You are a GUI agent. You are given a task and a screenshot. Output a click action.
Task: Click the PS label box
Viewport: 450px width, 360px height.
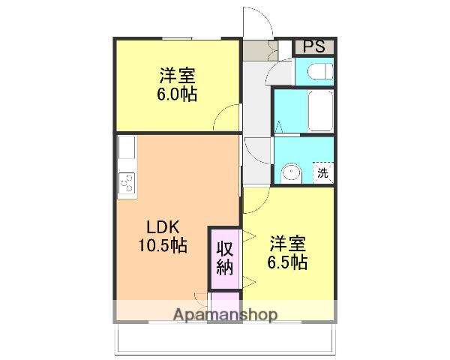pos(314,46)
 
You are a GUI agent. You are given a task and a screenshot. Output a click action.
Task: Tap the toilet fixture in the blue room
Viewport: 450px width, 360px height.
pos(319,70)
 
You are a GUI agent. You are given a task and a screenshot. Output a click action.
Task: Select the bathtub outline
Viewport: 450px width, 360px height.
pos(320,111)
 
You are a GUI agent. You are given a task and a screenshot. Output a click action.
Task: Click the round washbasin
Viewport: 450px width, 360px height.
pos(292,173)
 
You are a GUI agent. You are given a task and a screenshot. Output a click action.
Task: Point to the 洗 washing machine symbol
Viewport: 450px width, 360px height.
pos(322,172)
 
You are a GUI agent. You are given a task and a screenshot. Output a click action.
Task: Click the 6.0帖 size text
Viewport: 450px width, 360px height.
pos(177,94)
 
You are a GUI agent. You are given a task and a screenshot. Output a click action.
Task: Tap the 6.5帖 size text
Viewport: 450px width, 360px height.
pos(288,262)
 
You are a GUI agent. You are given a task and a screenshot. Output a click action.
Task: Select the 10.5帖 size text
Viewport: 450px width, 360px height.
pos(163,245)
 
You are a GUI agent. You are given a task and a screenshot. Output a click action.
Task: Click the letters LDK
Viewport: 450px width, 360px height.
pos(163,227)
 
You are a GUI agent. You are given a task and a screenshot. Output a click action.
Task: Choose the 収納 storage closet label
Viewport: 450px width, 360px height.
pos(225,258)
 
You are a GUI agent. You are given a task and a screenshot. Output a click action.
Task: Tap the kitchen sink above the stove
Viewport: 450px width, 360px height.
pos(127,148)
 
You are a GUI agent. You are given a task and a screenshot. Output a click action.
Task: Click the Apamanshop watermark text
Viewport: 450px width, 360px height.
pos(225,315)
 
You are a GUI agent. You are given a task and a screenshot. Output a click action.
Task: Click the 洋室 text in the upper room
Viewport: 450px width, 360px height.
pos(178,75)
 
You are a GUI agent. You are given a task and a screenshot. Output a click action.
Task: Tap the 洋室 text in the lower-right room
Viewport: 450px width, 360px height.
pos(288,243)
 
